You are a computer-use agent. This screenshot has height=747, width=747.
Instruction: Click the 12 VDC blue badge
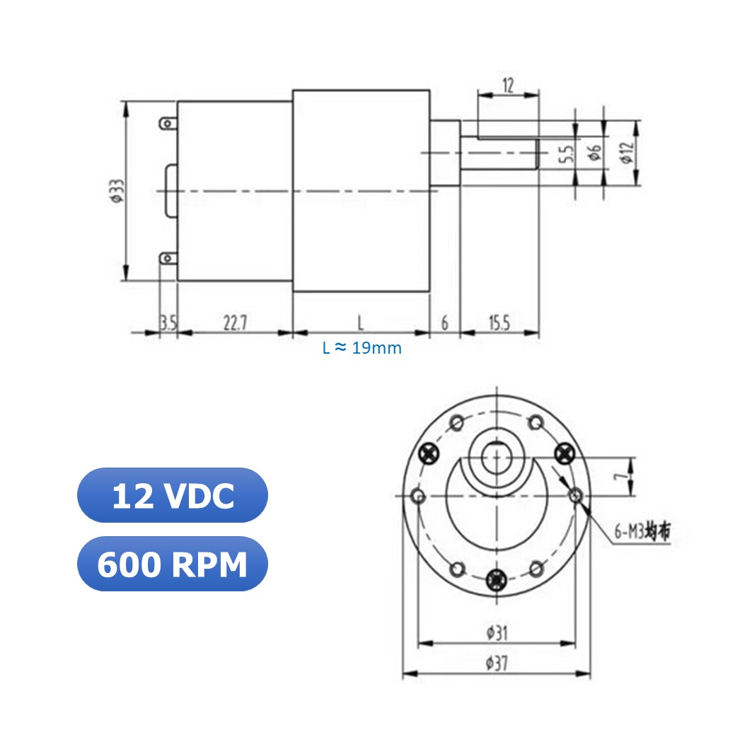172,495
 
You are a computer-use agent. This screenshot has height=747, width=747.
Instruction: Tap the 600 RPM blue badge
172,564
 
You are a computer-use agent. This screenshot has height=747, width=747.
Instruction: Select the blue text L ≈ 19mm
362,348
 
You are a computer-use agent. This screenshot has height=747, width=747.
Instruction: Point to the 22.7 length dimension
235,323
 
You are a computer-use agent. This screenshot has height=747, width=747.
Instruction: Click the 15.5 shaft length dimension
499,323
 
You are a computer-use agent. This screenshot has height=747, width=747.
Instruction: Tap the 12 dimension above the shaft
508,85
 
